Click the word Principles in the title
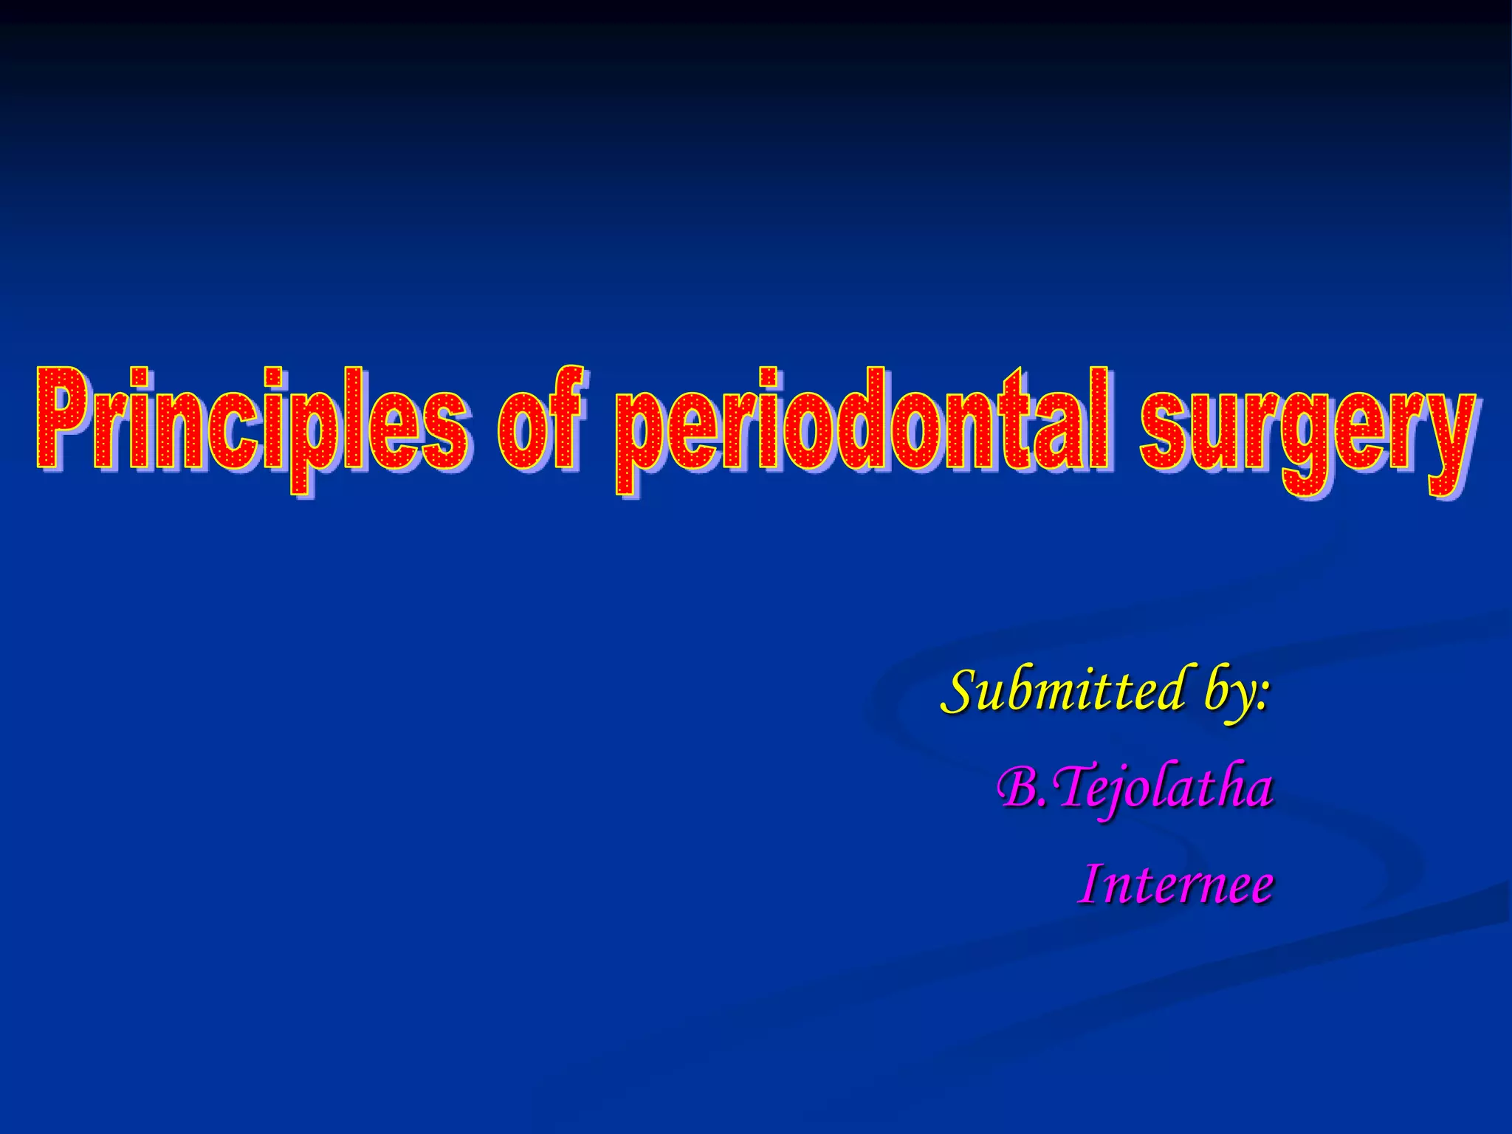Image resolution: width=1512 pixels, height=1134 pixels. [x=251, y=421]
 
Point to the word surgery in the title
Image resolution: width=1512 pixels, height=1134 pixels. [x=1307, y=428]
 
